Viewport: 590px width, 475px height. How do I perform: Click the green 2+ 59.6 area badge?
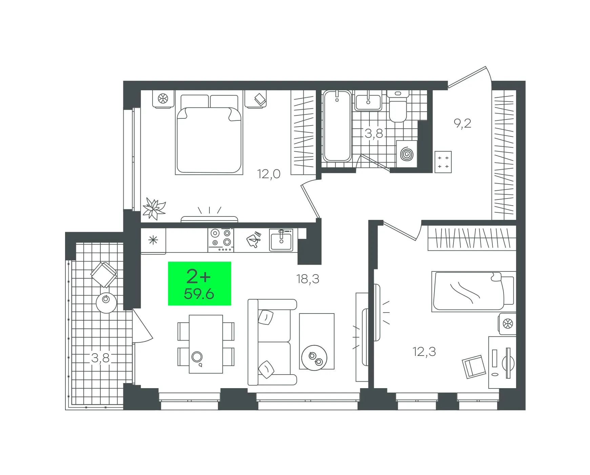tap(200, 283)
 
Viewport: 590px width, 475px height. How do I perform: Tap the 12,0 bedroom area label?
tap(269, 174)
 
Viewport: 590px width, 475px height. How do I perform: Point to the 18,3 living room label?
tap(308, 279)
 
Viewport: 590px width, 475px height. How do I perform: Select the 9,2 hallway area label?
tap(463, 123)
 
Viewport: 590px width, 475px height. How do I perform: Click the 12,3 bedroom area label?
tap(424, 351)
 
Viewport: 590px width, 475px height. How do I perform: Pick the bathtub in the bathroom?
tap(337, 126)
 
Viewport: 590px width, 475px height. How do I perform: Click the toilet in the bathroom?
tap(398, 106)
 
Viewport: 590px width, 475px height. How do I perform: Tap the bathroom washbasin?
tap(368, 101)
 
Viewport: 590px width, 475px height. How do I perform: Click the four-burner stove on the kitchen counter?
tap(221, 240)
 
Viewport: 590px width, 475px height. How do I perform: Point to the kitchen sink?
tap(281, 240)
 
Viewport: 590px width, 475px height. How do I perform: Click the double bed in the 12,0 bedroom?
tap(209, 135)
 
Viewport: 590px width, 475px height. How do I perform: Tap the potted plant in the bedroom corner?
tap(154, 208)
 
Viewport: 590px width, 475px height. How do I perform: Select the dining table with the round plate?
tap(206, 344)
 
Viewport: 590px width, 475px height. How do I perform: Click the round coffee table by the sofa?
tap(314, 358)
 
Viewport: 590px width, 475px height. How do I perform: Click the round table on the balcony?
tap(106, 303)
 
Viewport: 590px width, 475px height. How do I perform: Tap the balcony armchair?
tap(104, 275)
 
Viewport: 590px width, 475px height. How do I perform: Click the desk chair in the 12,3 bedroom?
tap(474, 366)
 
